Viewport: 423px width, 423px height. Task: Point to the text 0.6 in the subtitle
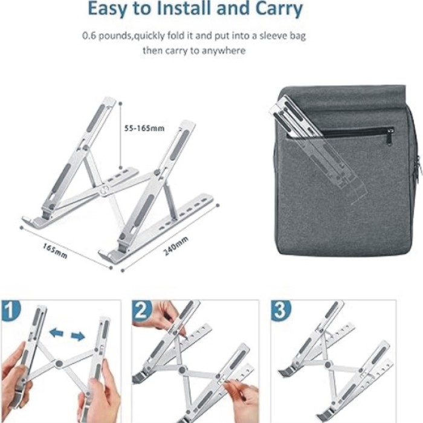pos(89,36)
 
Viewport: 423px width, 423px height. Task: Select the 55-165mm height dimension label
pos(144,128)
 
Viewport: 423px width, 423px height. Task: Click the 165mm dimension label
pos(55,251)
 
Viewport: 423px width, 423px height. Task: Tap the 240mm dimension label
pos(175,247)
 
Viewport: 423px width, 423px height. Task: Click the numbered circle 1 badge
pos(10,311)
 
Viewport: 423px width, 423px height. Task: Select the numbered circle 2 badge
pos(142,311)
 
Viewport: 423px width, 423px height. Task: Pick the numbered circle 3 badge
pos(281,311)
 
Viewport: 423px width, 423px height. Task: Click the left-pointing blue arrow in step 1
pos(56,332)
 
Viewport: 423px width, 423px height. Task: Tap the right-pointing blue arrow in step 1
pos(78,337)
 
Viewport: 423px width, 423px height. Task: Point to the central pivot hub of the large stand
pos(104,190)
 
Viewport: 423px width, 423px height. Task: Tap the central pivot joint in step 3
pos(328,365)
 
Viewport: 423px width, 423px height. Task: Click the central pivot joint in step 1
pos(59,364)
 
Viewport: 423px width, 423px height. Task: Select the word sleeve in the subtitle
pos(273,36)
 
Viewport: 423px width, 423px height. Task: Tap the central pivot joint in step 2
pos(183,370)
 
